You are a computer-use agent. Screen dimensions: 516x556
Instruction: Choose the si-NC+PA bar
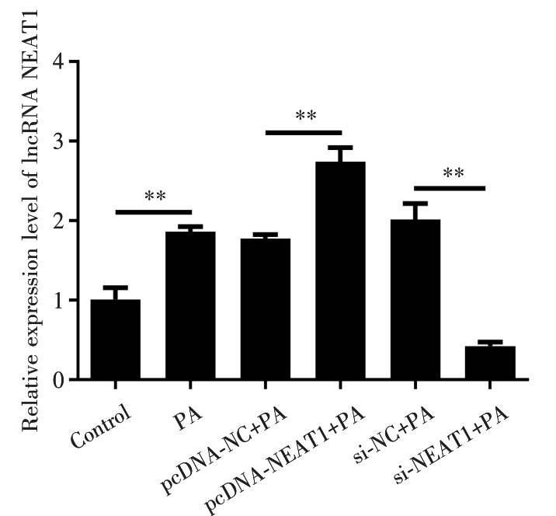[415, 299]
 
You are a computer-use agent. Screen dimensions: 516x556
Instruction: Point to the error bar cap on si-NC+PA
[415, 203]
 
